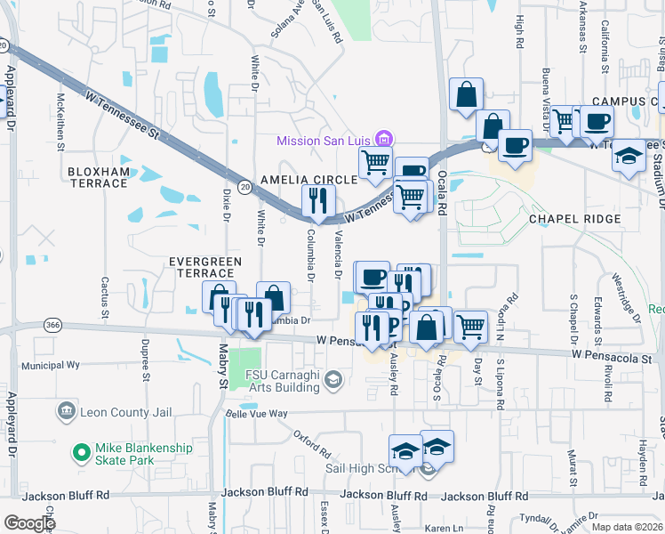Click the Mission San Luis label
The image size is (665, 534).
(325, 141)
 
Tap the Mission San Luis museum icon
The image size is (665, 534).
(385, 139)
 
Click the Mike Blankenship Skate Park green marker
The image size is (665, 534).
(82, 453)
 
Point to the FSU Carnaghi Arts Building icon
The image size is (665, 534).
(333, 381)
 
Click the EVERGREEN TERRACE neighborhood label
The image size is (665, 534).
(205, 267)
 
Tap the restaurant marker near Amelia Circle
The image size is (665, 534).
(318, 201)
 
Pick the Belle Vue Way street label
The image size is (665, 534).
(257, 414)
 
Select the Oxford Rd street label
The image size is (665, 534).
(312, 440)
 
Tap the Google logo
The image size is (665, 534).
(28, 523)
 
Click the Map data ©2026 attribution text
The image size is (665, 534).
(624, 527)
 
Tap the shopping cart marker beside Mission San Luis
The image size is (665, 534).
(375, 162)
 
